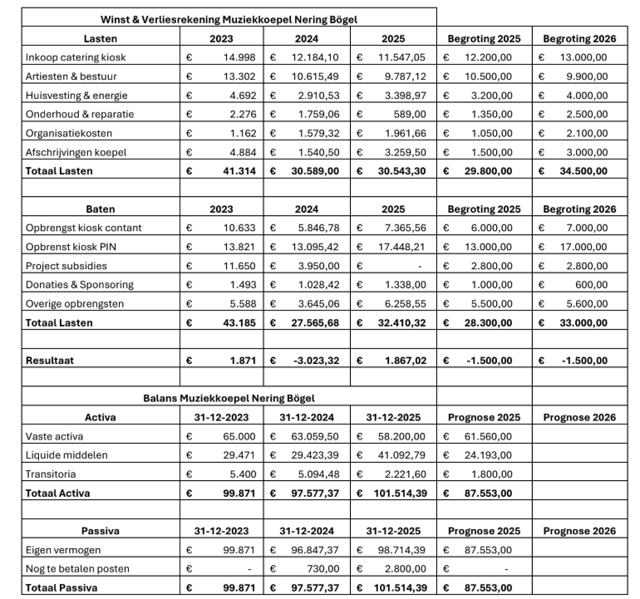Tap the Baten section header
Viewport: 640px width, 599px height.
pyautogui.click(x=101, y=209)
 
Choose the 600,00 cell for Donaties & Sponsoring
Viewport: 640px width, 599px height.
pyautogui.click(x=591, y=285)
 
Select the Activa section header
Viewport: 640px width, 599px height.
pyautogui.click(x=101, y=417)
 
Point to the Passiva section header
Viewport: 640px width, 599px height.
pyautogui.click(x=101, y=531)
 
